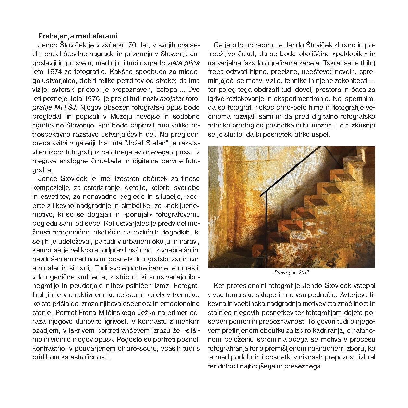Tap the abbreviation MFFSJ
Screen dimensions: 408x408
point(68,107)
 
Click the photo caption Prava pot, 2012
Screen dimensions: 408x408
point(291,273)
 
